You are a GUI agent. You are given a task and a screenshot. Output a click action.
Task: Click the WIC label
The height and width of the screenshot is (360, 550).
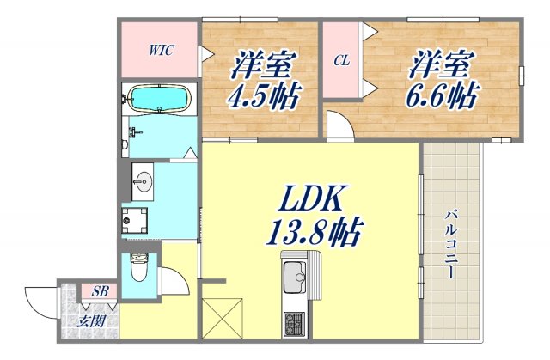[x=161, y=50]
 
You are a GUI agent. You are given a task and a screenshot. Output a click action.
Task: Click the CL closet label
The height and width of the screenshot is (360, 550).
[x=341, y=60]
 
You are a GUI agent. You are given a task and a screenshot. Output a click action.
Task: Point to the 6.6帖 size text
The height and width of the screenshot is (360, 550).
[x=442, y=93]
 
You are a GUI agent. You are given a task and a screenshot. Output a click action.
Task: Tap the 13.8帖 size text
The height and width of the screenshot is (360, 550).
[x=313, y=233]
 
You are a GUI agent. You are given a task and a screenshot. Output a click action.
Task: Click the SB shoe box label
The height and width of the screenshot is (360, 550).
[x=101, y=291]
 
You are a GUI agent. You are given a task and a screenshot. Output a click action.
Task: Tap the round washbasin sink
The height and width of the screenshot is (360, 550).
[x=143, y=182]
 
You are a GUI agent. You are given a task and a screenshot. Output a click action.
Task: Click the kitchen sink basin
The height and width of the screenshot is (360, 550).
[x=296, y=278]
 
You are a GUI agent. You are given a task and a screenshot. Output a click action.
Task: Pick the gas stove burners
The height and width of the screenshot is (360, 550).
[x=295, y=324]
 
